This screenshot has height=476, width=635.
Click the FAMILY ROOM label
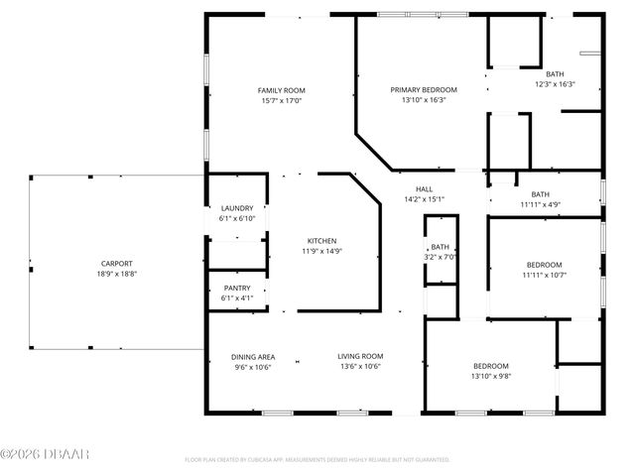281,90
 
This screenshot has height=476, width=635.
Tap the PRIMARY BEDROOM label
424,90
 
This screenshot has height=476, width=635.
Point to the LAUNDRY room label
237,207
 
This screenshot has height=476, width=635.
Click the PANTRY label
237,288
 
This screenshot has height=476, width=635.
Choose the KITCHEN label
321,241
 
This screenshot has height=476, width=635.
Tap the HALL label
424,188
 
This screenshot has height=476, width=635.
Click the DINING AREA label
253,356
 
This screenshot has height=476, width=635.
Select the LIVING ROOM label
360,356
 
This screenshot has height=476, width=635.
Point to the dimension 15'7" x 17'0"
281,100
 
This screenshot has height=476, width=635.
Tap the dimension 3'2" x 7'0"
440,257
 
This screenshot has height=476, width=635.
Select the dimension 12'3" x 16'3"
555,84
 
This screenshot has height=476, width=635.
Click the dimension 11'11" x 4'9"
540,204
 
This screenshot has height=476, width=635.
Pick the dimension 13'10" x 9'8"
490,376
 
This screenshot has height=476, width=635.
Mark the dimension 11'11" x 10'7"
544,274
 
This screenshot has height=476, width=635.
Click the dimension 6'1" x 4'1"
237,297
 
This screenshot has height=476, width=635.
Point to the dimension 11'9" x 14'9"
321,251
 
